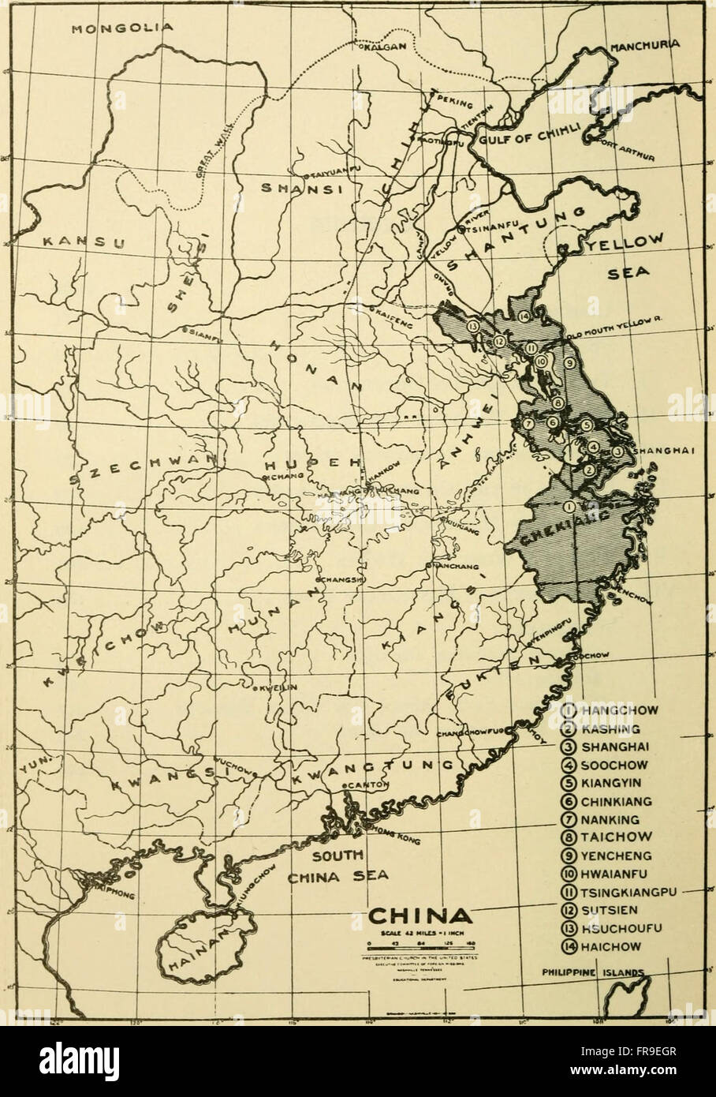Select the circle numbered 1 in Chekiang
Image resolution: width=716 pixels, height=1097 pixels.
569,507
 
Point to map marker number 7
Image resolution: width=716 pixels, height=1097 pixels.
528,424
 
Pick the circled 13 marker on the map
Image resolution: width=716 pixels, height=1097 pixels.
473,326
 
